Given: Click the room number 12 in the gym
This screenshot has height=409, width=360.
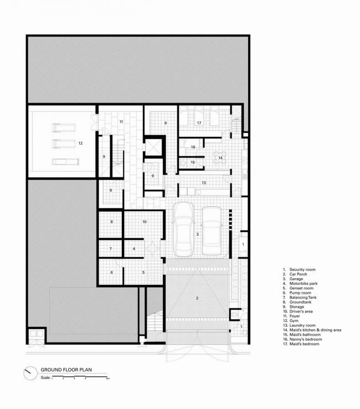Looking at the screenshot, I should tap(80, 144).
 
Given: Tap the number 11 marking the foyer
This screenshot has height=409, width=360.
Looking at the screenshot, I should tap(121, 121).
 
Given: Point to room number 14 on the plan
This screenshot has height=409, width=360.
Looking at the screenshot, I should tap(220, 158).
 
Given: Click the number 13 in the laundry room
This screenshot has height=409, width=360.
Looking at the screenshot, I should tap(203, 182).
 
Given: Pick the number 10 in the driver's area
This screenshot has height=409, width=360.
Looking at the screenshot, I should tap(144, 222).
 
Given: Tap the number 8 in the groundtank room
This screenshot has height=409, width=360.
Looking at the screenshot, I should tap(111, 222).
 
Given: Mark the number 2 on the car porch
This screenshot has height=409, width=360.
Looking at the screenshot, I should tap(197, 298).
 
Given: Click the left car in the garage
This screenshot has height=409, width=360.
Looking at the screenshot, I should tap(183, 229).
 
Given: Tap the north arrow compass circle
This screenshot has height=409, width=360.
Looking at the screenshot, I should tap(29, 373).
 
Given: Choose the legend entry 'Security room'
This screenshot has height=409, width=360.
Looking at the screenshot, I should tap(299, 269).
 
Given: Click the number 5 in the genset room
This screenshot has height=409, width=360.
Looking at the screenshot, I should tap(143, 272).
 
